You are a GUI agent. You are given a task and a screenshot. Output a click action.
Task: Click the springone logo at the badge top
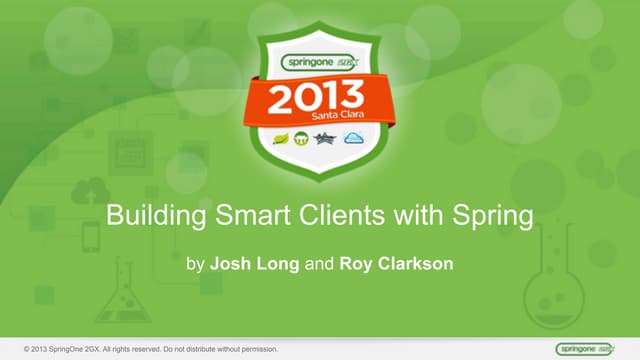(x=319, y=60)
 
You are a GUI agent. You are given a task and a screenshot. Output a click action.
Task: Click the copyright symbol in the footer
(x=11, y=348)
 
